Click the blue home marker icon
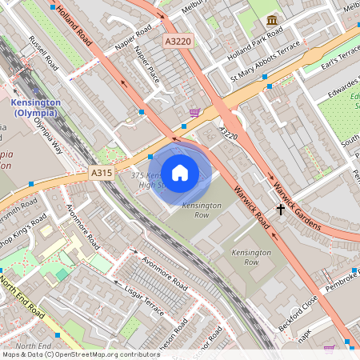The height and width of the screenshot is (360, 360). click(x=180, y=172)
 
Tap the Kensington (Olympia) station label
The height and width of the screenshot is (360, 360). click(x=36, y=108)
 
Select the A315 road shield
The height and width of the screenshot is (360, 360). click(x=102, y=173)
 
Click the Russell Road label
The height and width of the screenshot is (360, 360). click(x=42, y=50)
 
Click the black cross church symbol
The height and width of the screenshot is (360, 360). click(x=280, y=210)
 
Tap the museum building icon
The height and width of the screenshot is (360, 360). click(x=272, y=19)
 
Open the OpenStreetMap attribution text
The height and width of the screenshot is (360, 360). click(x=80, y=354)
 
